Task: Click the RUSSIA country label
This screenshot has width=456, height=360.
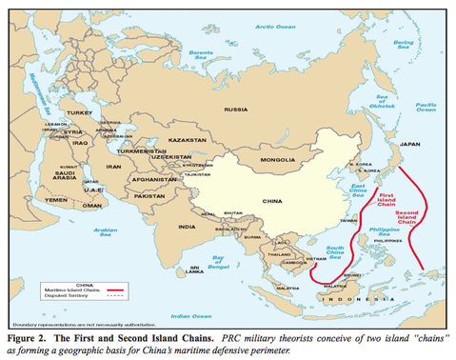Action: point(235,110)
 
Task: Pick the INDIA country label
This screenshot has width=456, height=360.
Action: point(187,226)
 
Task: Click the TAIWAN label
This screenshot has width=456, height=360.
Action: point(349,220)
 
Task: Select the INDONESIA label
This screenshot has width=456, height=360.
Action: point(350,299)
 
